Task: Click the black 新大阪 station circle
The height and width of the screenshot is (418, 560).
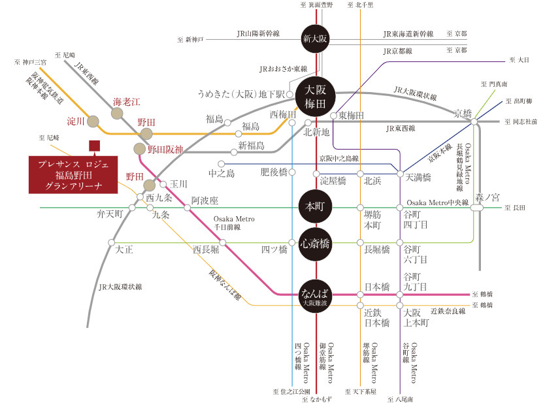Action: coord(316,38)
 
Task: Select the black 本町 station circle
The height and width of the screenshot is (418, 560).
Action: coord(316,206)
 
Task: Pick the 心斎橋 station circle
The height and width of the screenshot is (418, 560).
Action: coord(316,245)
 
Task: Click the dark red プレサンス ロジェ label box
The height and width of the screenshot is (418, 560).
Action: coord(74,174)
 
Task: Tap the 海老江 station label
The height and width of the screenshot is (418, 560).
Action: coord(127,101)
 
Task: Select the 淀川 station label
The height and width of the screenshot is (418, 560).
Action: coord(76,121)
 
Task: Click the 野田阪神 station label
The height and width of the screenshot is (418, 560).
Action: coord(165,150)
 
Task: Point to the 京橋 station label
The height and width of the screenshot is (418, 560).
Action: coord(463,114)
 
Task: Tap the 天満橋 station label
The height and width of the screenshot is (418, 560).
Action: coord(418,177)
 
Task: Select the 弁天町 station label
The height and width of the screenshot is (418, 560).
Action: coord(109,214)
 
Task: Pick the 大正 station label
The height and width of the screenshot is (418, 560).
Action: coord(124,249)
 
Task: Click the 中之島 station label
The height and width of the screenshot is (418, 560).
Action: coord(220,174)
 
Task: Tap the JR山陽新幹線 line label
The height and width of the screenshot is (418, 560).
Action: coord(258,33)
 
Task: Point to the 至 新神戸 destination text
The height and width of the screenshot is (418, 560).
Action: coord(191,39)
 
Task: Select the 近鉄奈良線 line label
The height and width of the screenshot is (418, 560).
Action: coord(448,311)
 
